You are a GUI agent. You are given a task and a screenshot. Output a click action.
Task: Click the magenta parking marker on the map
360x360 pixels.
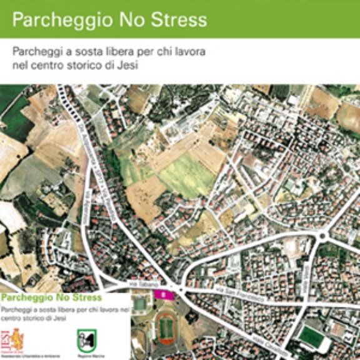164,294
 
